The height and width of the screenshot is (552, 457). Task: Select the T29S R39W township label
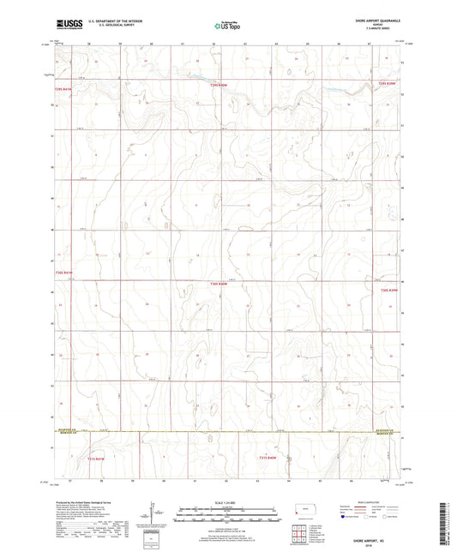click(x=388, y=84)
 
